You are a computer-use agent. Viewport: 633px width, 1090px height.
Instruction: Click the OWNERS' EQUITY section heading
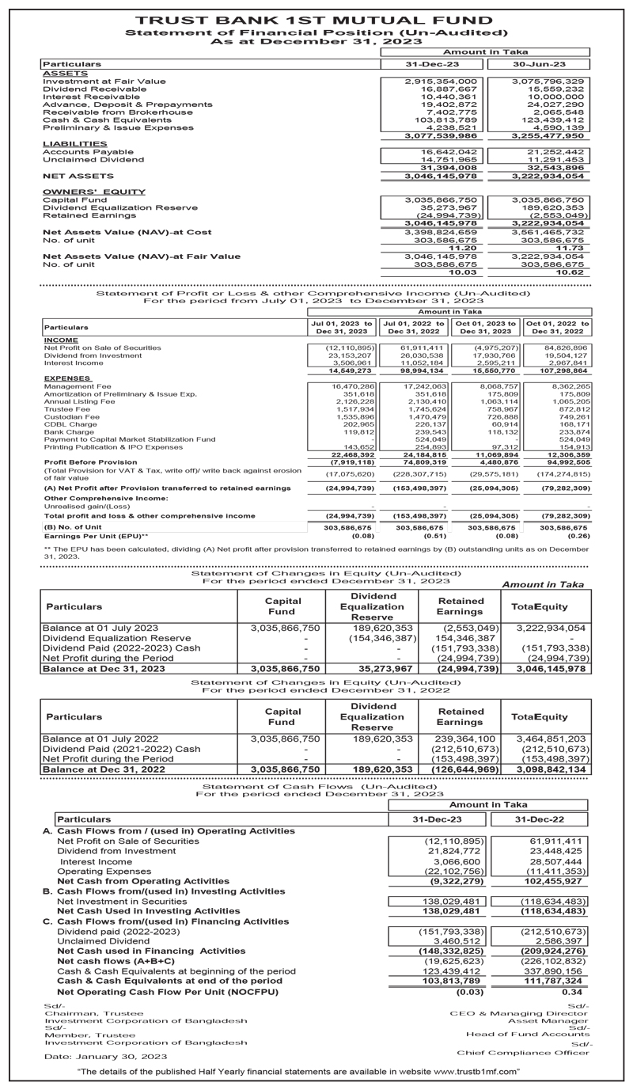(82, 192)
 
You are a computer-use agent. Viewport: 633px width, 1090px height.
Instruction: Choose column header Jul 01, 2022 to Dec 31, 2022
(411, 327)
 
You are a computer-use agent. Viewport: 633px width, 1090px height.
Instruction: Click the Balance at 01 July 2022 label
(100, 738)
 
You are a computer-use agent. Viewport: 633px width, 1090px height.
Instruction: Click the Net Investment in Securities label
(122, 900)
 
